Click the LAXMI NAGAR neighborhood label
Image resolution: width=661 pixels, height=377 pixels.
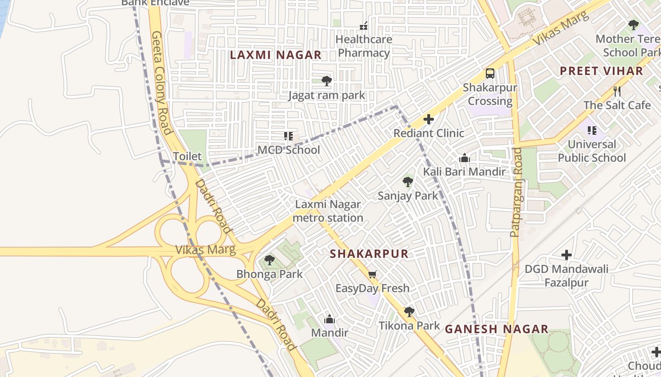pos(275,55)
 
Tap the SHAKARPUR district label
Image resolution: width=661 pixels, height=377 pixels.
pos(369,254)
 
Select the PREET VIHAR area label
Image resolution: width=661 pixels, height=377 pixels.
pos(601,71)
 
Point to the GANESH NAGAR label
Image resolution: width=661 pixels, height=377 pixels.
pos(497,329)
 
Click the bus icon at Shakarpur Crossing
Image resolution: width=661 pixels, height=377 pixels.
pos(490,74)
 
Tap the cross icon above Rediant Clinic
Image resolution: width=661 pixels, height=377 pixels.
pos(429,119)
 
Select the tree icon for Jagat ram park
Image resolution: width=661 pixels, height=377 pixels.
pos(326,81)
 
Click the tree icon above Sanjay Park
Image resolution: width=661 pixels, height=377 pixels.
pos(408,182)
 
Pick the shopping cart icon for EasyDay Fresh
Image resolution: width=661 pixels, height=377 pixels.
pos(373,274)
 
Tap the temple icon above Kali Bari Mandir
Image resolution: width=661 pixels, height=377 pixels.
pos(465,158)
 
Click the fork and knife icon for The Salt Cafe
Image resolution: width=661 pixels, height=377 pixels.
pos(617,91)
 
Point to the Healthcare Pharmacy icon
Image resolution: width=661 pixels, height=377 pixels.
pos(364,25)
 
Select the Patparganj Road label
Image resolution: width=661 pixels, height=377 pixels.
pos(516,192)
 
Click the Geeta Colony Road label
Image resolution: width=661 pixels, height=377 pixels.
pos(161,82)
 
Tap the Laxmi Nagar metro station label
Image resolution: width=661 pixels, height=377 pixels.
pos(328,211)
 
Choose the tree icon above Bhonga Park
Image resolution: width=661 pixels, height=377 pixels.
pos(269,260)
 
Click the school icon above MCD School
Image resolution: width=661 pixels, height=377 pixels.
pos(288,136)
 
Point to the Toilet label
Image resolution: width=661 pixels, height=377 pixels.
pos(187,156)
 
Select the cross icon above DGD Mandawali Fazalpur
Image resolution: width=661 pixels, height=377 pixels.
pos(567,255)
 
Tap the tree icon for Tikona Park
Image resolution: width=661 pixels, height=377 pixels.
pos(409,311)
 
